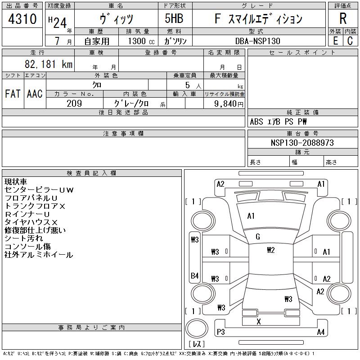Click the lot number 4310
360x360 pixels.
pyautogui.click(x=22, y=19)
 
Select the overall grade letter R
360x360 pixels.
pyautogui.click(x=343, y=18)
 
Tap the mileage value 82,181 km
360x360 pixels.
pyautogui.click(x=49, y=64)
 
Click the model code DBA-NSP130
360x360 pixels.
pyautogui.click(x=258, y=41)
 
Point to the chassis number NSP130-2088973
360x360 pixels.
pyautogui.click(x=302, y=143)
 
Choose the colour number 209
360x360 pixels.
pyautogui.click(x=74, y=103)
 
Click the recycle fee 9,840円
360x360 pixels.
pyautogui.click(x=229, y=104)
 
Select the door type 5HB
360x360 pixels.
pyautogui.click(x=174, y=18)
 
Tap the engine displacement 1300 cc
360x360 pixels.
pyautogui.click(x=141, y=41)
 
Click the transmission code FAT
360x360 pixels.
pyautogui.click(x=13, y=94)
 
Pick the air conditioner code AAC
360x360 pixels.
pyautogui.click(x=35, y=94)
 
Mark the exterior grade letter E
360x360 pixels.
pyautogui.click(x=335, y=41)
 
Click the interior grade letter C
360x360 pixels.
pyautogui.click(x=350, y=41)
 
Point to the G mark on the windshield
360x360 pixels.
pyautogui.click(x=258, y=237)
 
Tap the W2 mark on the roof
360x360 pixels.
pyautogui.click(x=271, y=250)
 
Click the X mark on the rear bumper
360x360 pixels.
pyautogui.click(x=259, y=322)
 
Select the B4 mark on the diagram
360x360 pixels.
pyautogui.click(x=195, y=275)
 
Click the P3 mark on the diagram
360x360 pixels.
pyautogui.click(x=221, y=332)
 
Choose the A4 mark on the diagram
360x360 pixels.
pyautogui.click(x=321, y=332)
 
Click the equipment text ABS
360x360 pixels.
pyautogui.click(x=256, y=121)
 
